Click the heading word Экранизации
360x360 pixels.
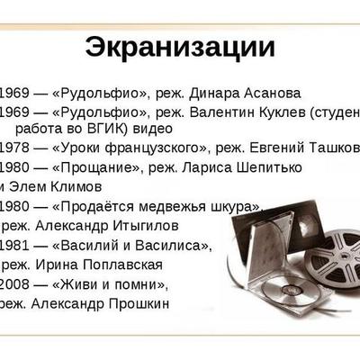point(180,47)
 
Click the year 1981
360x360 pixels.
point(15,245)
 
